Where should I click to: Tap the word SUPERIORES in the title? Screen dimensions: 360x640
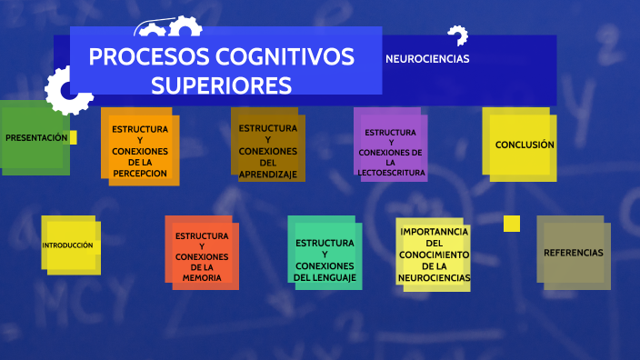[x=221, y=85]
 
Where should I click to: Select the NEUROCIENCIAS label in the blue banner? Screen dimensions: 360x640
[x=427, y=58]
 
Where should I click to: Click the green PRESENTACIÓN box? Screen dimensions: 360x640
[x=35, y=137]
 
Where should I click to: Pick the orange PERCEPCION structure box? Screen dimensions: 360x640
[x=140, y=145]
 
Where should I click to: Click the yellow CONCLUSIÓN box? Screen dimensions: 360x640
[x=519, y=143]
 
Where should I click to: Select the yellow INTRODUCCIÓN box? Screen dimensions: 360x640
[x=68, y=245]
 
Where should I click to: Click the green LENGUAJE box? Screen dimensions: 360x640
[x=325, y=254]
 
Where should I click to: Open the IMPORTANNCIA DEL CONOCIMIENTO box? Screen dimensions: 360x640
[x=434, y=255]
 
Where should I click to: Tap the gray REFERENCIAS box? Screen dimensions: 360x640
[x=573, y=252]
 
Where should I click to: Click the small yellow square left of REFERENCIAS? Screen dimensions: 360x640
[x=512, y=224]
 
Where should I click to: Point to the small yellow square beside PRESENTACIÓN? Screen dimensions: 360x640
[x=73, y=137]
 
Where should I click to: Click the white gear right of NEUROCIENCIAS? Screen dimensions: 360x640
[x=457, y=36]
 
